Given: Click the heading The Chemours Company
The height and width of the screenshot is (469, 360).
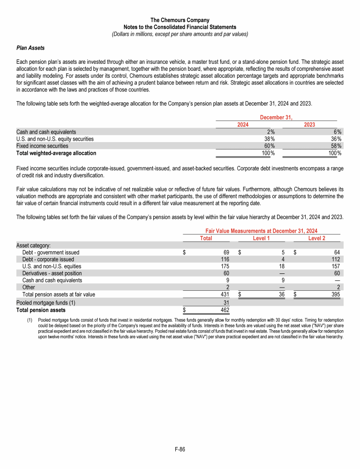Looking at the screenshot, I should click(x=180, y=20).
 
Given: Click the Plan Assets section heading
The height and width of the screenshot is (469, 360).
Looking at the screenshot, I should click(x=30, y=48).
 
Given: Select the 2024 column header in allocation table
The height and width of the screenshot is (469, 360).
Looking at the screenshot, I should click(x=243, y=125).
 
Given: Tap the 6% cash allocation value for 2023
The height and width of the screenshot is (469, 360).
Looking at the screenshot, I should click(x=337, y=132).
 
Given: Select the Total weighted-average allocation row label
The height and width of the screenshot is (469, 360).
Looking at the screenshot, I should click(x=56, y=153).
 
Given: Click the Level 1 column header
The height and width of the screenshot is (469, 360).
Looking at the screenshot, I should click(x=261, y=238).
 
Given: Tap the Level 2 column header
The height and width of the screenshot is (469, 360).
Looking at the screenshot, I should click(x=317, y=238).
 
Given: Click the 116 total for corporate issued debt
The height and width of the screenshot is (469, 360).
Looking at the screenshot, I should click(x=224, y=259).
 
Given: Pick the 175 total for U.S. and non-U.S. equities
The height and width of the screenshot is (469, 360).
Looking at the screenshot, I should click(x=224, y=266).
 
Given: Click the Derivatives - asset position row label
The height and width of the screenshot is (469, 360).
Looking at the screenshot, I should click(x=52, y=273).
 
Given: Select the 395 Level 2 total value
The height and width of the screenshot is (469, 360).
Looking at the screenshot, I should click(x=335, y=295).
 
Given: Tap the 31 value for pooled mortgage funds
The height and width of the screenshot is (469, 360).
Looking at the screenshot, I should click(x=225, y=303).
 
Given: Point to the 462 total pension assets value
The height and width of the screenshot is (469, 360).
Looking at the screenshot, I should click(x=224, y=310).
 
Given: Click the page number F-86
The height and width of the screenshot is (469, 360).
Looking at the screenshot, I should click(x=180, y=449).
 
